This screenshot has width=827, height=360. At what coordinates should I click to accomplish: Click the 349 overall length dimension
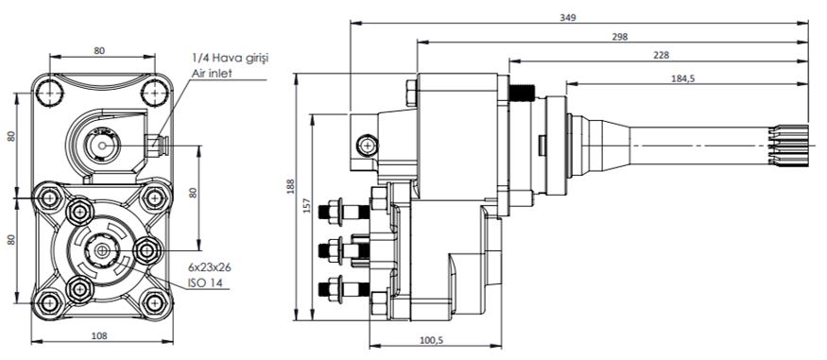click(568, 17)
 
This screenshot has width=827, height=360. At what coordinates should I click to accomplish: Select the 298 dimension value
click(620, 37)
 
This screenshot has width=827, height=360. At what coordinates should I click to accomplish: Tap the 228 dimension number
click(661, 56)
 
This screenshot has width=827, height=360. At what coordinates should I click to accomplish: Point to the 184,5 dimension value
click(684, 78)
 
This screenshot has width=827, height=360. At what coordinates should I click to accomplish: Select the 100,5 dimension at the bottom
click(431, 340)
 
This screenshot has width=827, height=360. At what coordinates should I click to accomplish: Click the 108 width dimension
click(99, 335)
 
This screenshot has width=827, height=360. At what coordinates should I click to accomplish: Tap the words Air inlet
click(212, 74)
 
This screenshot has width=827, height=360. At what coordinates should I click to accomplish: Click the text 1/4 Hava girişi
click(231, 58)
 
